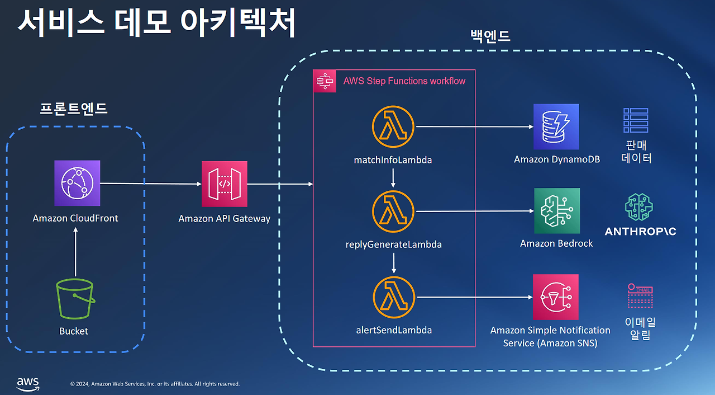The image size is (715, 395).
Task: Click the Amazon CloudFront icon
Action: point(77,183)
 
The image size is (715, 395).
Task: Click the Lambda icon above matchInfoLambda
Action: point(393,127)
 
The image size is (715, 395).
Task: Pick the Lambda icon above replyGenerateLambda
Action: point(393,211)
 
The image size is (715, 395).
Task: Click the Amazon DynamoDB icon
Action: point(556,126)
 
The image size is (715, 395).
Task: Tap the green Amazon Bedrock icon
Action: point(557,211)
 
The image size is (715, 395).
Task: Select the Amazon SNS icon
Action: point(556,297)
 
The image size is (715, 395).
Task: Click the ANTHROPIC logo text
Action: point(640,231)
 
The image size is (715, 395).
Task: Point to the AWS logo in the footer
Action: point(27,383)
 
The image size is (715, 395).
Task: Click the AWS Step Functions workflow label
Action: point(404,81)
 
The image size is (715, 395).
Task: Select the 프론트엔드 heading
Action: point(73,109)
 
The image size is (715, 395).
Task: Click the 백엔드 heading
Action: point(490,37)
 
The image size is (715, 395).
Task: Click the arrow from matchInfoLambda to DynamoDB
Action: point(475,127)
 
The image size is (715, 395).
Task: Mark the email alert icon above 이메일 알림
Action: point(640,297)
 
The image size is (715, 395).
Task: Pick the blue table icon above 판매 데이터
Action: point(636,120)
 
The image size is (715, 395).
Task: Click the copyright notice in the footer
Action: point(155,384)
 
